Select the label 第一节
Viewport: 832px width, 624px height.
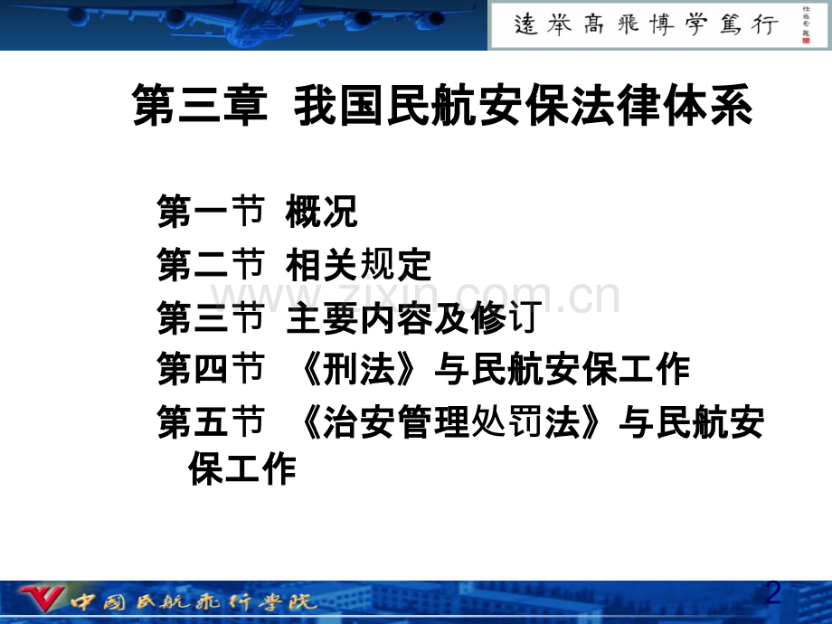(x=210, y=213)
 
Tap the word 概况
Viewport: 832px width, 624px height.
(x=322, y=213)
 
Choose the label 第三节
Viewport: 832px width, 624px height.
(x=210, y=317)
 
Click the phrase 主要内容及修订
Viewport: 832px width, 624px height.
(x=412, y=317)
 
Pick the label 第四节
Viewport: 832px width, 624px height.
(x=210, y=369)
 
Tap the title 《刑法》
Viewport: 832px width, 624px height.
(x=360, y=369)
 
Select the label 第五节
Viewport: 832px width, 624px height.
(x=210, y=423)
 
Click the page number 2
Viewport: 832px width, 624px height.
(x=772, y=593)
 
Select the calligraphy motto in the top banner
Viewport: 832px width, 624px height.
(x=646, y=24)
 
